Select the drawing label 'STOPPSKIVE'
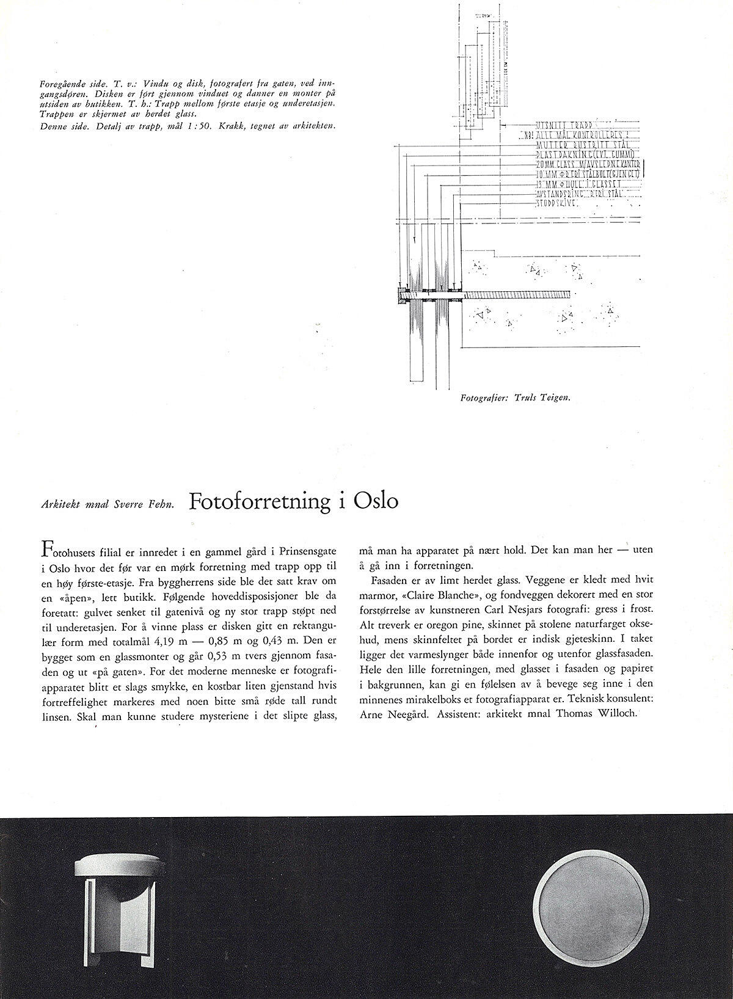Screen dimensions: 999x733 click(x=557, y=203)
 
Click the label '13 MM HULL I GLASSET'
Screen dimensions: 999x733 click(x=578, y=184)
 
